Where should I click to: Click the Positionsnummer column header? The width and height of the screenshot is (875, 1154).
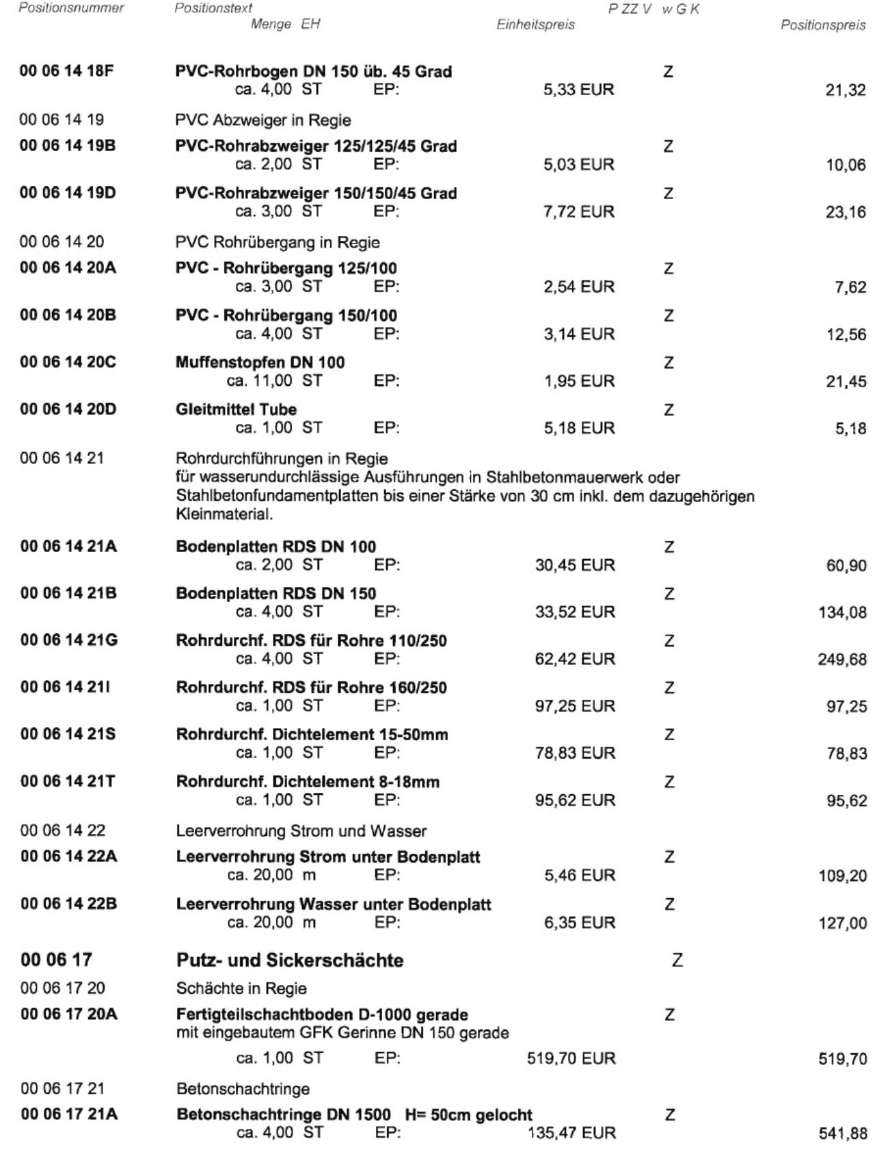tap(72, 8)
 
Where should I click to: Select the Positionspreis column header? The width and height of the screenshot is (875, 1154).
tap(823, 25)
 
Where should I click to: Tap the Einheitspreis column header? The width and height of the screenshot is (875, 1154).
tap(535, 25)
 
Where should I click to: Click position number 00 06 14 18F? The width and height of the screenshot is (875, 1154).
tap(68, 71)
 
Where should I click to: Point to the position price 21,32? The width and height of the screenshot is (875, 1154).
tap(846, 90)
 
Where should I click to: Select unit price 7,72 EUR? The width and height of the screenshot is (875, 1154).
tap(579, 212)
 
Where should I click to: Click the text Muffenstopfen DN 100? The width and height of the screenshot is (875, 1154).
tap(260, 363)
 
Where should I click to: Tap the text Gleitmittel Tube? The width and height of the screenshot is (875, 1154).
tap(236, 410)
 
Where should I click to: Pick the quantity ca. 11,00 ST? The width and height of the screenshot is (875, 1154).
tap(274, 381)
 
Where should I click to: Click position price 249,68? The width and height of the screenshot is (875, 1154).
tap(842, 660)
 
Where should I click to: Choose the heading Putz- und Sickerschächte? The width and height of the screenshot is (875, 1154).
tap(289, 961)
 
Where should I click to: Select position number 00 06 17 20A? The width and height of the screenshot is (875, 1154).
tap(68, 1014)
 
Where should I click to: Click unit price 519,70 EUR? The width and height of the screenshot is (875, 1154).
tap(571, 1059)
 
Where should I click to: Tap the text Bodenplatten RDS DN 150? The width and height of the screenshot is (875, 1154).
tap(275, 594)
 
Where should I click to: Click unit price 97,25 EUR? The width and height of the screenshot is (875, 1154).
tap(575, 706)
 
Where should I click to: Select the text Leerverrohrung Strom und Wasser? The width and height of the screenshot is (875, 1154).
tap(301, 832)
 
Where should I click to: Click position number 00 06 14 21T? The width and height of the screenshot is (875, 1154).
tap(68, 781)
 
